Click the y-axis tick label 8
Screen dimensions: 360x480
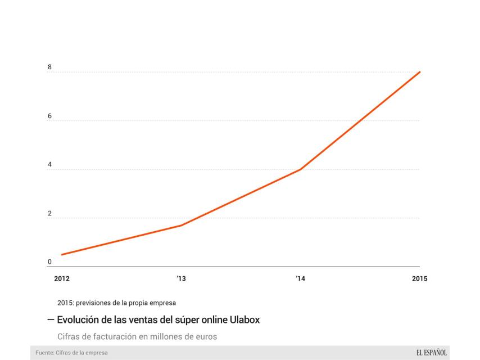[49, 67]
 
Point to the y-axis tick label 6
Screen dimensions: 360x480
[49, 116]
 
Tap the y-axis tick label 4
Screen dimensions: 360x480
[49, 165]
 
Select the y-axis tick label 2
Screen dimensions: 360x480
[49, 214]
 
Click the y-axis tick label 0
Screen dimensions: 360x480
[49, 262]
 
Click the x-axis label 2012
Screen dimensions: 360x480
[62, 278]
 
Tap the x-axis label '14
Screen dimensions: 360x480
[300, 278]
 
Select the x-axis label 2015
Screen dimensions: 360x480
[419, 278]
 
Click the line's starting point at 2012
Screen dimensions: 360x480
[62, 255]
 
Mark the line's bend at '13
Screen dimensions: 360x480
[181, 226]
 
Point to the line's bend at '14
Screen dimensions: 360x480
[301, 169]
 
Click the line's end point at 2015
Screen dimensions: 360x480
[420, 72]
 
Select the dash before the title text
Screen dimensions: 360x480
[51, 319]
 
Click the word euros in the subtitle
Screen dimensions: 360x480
[205, 336]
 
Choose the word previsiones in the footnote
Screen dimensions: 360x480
[96, 303]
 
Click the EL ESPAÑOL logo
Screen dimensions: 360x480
[432, 353]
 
